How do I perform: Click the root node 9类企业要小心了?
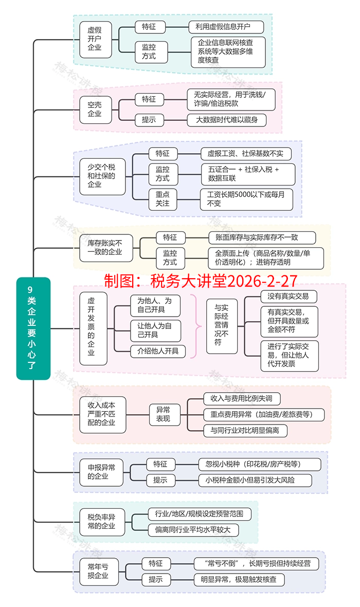(x=33, y=328)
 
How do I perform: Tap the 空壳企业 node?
(x=95, y=109)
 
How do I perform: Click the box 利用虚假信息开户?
(x=226, y=27)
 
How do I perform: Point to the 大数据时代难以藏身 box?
(x=226, y=120)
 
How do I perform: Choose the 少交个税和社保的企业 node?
(x=102, y=176)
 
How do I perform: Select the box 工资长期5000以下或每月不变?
(x=246, y=199)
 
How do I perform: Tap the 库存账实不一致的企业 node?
(x=105, y=247)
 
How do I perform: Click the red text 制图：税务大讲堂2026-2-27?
(x=201, y=281)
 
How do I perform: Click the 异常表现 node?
(x=163, y=414)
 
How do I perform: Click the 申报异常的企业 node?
(x=102, y=472)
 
